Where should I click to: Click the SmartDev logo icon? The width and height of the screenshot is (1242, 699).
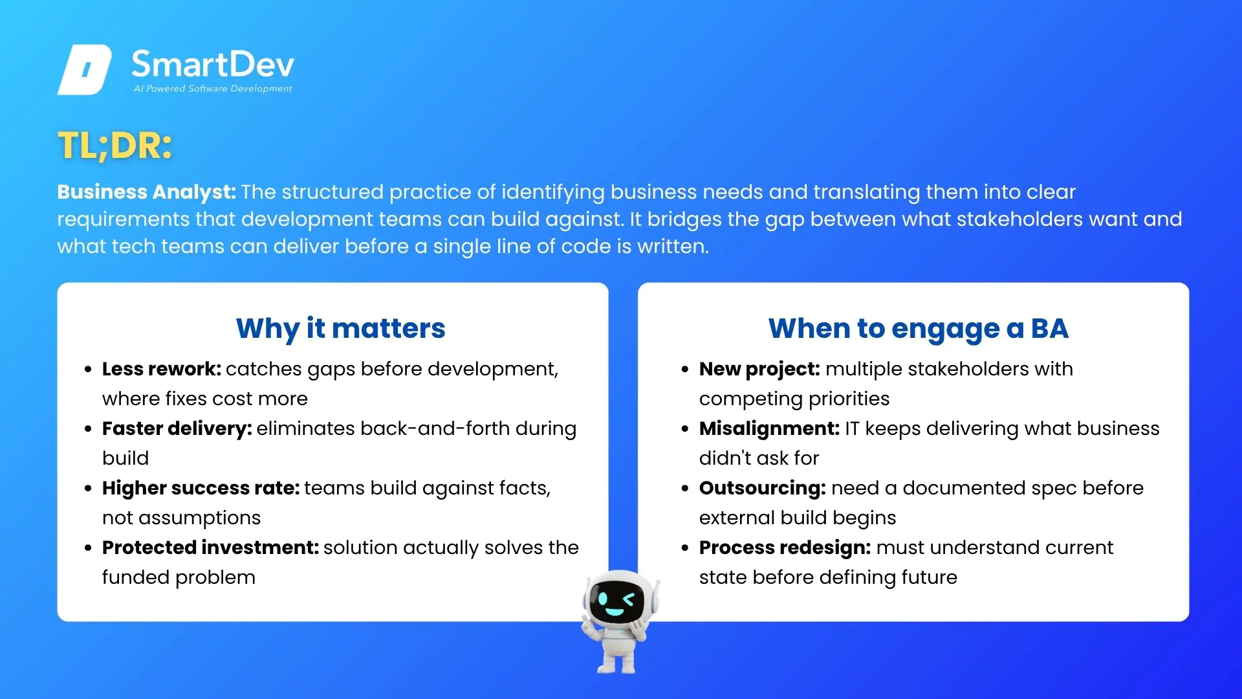[85, 70]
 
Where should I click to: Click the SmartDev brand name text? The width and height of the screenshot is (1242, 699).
[213, 64]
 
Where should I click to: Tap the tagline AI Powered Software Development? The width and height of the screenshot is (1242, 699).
[213, 89]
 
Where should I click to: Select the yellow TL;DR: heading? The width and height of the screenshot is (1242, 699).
[115, 145]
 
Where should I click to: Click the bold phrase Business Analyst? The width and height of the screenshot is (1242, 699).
[146, 192]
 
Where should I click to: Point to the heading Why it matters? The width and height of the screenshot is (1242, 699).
[341, 329]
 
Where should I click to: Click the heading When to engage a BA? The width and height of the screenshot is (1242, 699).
[919, 329]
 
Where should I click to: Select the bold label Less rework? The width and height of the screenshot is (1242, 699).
[162, 369]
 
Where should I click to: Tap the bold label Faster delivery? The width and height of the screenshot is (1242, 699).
[177, 428]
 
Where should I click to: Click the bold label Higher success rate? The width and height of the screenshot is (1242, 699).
[201, 488]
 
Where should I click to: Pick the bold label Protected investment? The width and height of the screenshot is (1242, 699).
[211, 548]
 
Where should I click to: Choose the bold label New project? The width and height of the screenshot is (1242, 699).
[759, 369]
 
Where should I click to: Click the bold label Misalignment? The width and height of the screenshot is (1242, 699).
[770, 428]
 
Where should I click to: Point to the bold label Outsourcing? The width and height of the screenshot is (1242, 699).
[763, 488]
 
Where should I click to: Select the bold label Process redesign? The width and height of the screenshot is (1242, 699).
[785, 548]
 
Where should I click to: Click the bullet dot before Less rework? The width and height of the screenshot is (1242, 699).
[88, 370]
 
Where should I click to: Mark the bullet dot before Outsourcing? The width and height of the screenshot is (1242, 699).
[685, 489]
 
